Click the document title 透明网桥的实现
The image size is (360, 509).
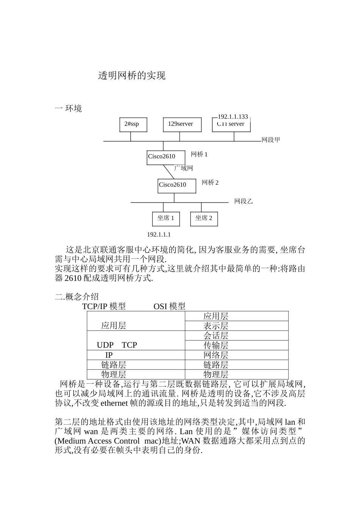click(132, 76)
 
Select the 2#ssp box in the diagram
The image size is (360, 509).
click(133, 124)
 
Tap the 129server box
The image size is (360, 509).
click(182, 124)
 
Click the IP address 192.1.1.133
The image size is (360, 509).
click(233, 117)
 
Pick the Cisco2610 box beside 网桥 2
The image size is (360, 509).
click(177, 185)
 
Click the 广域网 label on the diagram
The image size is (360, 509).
click(184, 168)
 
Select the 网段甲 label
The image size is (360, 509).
click(271, 140)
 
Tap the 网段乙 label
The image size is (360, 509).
click(243, 201)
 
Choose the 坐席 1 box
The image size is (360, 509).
click(166, 219)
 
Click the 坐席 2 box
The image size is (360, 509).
click(204, 219)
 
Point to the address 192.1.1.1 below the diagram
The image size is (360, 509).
click(159, 235)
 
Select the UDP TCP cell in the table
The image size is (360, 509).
click(117, 345)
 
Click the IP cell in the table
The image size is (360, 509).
click(109, 355)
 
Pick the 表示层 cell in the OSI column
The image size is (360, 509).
click(216, 326)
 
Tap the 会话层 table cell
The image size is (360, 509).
click(216, 336)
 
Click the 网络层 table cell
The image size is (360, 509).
click(216, 355)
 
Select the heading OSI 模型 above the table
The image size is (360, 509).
click(169, 306)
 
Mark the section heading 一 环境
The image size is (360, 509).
click(68, 109)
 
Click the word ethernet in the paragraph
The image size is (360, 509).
click(114, 403)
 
